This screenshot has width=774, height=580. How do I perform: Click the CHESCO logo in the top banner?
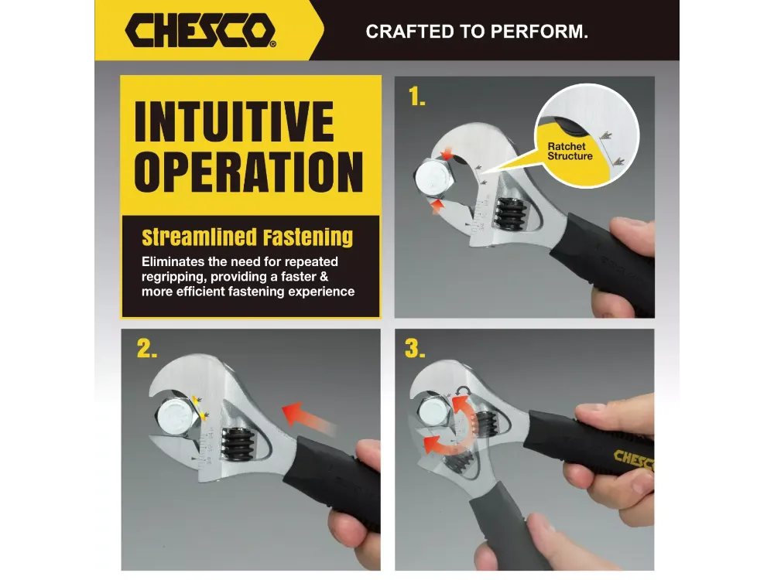point(200,30)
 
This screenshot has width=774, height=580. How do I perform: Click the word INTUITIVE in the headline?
point(234,121)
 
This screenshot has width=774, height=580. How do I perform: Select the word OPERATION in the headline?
point(248,172)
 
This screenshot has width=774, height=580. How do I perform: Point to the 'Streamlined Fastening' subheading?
point(248,237)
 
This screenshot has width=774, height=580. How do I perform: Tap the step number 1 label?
point(416,97)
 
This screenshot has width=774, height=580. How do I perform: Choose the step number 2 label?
point(146,349)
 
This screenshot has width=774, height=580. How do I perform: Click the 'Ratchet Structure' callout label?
point(570,152)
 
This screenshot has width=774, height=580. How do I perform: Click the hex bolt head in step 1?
point(433,180)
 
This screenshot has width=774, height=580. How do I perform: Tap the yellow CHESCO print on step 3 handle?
point(634,461)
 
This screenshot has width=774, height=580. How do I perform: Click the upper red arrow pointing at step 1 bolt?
point(447,154)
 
